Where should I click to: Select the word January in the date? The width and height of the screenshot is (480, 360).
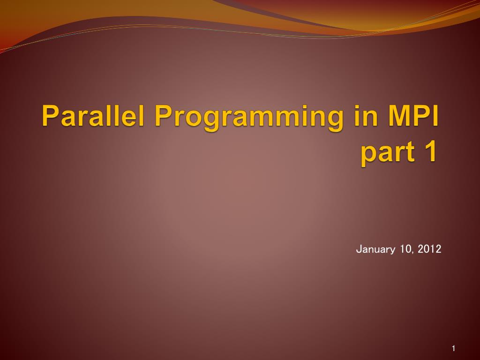coord(375,249)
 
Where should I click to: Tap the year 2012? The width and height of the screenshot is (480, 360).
coord(429,249)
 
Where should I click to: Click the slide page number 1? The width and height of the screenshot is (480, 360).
coord(454,348)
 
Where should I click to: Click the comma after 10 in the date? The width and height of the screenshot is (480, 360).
coord(412,252)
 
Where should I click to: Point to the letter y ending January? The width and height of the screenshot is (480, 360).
coord(393,250)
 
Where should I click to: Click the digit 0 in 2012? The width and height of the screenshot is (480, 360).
coord(427,249)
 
